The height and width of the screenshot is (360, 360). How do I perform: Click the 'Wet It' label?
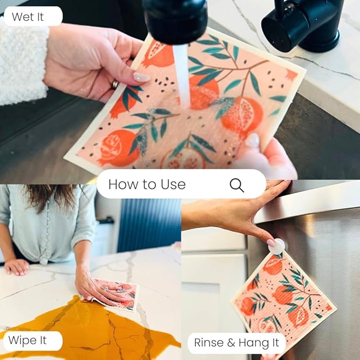(28, 17)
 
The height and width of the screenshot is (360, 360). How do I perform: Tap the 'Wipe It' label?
(28, 340)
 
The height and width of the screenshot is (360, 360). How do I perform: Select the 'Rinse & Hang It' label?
(236, 343)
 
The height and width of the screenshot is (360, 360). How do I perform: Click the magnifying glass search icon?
(236, 185)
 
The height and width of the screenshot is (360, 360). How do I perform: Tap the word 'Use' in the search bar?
(173, 185)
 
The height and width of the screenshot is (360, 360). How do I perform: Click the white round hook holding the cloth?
(277, 247)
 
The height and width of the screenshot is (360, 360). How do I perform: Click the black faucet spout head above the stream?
(175, 21)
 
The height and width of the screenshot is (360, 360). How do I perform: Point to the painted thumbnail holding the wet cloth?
(142, 77)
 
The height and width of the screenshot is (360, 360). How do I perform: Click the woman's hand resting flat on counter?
(16, 267)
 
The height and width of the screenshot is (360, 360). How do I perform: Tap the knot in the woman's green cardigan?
(43, 261)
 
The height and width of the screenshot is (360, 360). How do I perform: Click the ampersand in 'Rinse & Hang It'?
(231, 343)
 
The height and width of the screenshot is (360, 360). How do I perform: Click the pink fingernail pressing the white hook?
(271, 242)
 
